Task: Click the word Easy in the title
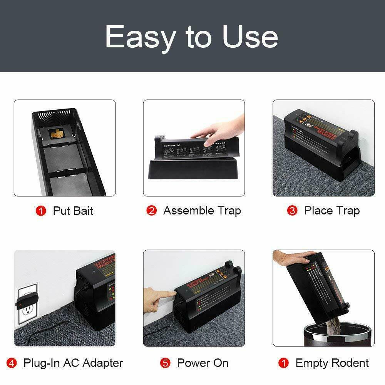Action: pyautogui.click(x=140, y=37)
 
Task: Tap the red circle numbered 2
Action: pyautogui.click(x=152, y=211)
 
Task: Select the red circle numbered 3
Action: pyautogui.click(x=293, y=211)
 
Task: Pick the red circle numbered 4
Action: pyautogui.click(x=12, y=363)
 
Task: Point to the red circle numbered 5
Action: pyautogui.click(x=166, y=363)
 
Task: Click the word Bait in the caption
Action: pyautogui.click(x=82, y=211)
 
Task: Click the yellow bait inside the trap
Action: pyautogui.click(x=57, y=133)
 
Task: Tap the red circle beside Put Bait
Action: pyautogui.click(x=40, y=211)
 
